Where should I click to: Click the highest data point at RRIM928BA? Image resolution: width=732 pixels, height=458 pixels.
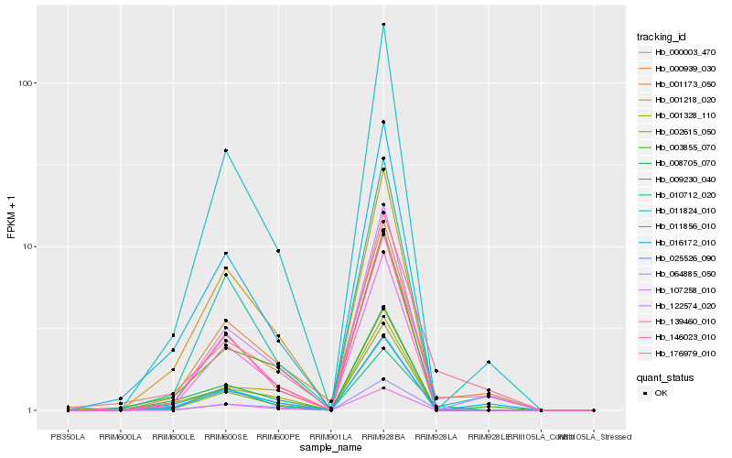[383, 25]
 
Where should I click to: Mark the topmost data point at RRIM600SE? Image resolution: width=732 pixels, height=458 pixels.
[225, 150]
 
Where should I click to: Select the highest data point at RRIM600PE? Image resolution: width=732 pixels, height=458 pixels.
[278, 251]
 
